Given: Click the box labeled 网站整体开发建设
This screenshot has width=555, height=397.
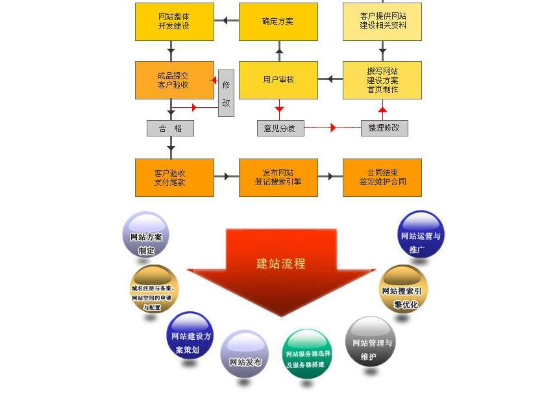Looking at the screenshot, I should tap(174, 21).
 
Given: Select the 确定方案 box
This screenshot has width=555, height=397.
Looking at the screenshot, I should tap(278, 21).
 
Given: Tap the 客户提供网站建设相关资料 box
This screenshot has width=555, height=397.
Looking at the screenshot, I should tap(382, 21).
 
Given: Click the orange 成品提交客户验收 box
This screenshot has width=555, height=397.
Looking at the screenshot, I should tap(174, 80).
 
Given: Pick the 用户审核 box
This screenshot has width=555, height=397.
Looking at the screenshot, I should tap(278, 80).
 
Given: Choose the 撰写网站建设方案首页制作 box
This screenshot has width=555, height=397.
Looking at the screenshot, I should tap(382, 80).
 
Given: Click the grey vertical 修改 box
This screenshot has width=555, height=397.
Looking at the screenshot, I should tap(226, 93).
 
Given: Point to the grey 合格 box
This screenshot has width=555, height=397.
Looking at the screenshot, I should tap(170, 128).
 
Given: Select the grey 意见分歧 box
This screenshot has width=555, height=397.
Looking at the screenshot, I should tap(280, 128).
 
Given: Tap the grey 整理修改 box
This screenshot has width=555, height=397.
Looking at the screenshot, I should tap(384, 128).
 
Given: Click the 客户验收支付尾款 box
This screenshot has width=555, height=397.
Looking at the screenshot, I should tap(174, 177).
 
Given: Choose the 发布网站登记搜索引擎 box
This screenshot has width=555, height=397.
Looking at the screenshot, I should tap(278, 177).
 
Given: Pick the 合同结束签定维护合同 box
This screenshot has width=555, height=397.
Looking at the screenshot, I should tap(382, 177).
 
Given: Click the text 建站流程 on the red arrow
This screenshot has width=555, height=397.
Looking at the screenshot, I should tap(280, 264).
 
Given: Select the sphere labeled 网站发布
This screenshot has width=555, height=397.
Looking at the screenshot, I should tap(245, 355).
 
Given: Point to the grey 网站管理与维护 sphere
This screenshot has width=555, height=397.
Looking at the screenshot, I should tap(371, 342).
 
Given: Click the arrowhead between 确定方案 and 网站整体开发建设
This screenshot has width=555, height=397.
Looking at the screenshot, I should tap(225, 21).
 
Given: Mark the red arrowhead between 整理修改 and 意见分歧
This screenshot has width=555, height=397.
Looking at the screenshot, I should tap(333, 128).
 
